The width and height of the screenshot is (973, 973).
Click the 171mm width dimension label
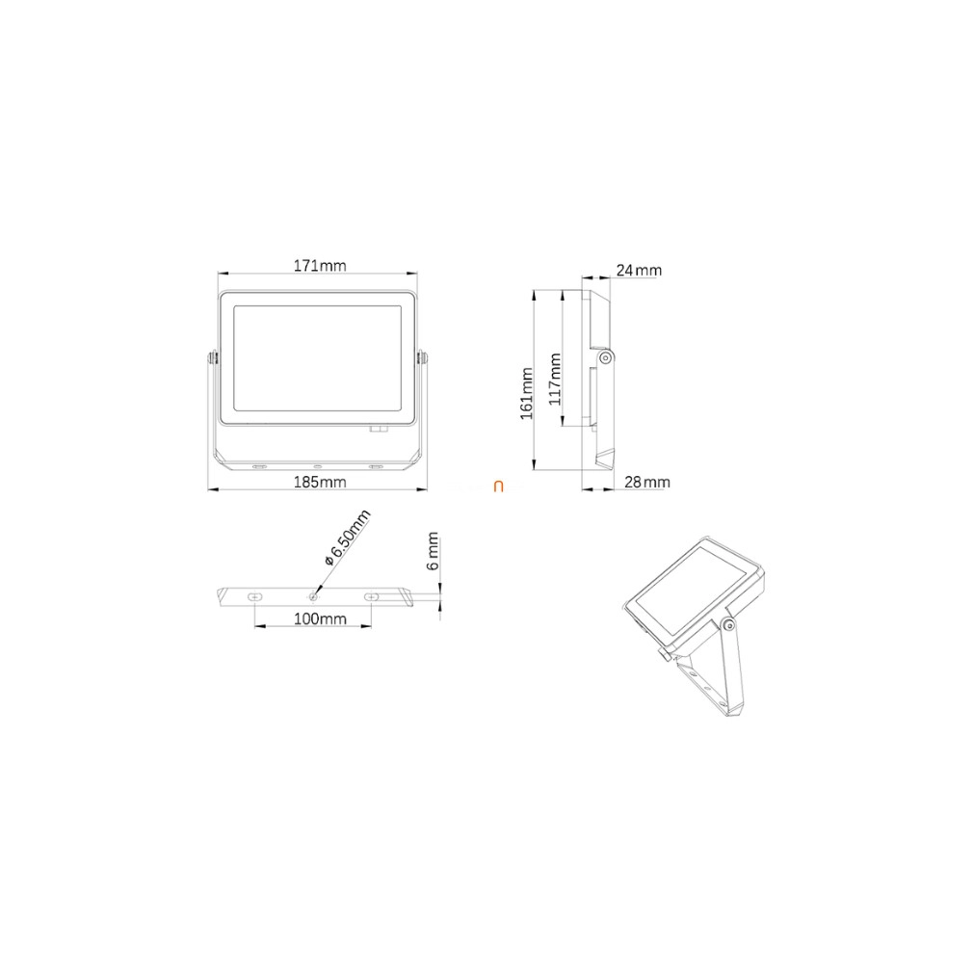coord(320,266)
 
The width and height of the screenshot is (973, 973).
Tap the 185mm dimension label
coord(320,482)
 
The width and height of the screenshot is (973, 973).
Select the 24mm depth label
coord(639,271)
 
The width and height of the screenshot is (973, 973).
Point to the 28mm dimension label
coord(646,482)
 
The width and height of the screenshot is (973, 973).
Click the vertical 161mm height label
coord(526,393)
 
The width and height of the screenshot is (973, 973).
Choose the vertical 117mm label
coord(555,380)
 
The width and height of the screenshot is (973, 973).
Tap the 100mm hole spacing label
coord(320,618)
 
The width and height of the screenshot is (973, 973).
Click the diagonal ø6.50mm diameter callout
coord(348,537)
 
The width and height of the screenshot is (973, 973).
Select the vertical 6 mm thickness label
coord(434,550)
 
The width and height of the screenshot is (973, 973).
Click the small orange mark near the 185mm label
coord(498,486)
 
